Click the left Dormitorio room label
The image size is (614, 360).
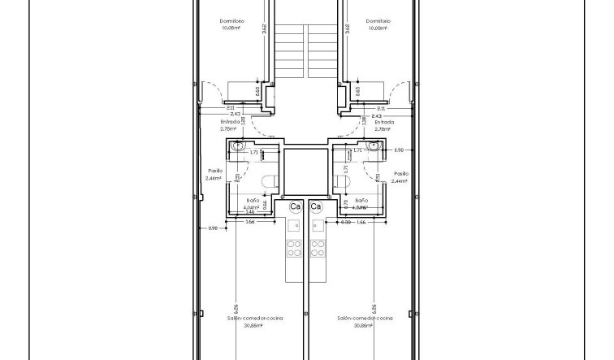(232, 21)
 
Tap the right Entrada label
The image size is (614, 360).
(383, 122)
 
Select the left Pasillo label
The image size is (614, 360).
(214, 171)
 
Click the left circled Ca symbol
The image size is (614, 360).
(296, 207)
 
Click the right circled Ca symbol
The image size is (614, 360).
(317, 207)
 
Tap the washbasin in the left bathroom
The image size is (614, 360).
(236, 146)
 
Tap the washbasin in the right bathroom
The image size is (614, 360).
(374, 146)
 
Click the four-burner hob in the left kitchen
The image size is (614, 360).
(294, 247)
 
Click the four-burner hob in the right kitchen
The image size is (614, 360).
(318, 247)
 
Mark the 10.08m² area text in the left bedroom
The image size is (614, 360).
(232, 28)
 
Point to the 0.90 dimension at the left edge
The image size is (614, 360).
(214, 228)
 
